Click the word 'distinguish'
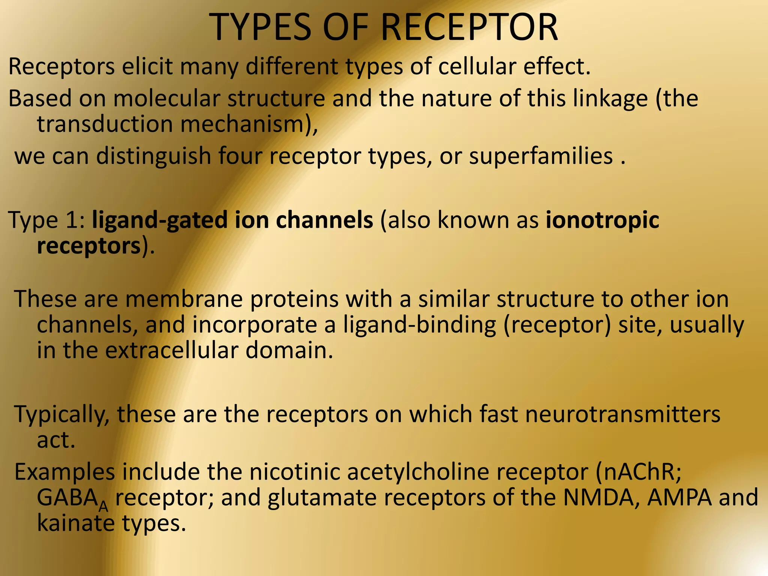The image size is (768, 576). [x=154, y=156]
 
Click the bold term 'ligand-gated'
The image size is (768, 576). [x=160, y=220]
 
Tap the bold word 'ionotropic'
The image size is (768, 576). [x=602, y=220]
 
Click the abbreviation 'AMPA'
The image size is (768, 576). [x=679, y=498]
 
